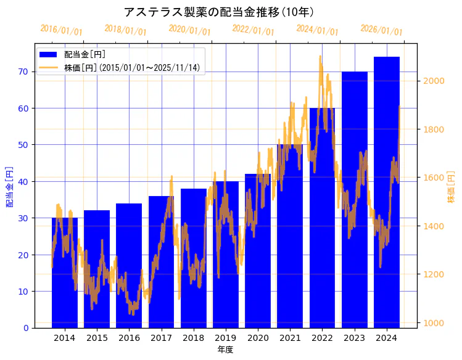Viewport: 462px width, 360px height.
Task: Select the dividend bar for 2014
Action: [65, 277]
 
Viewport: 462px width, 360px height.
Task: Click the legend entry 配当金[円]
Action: [81, 55]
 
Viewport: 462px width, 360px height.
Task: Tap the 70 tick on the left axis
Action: [23, 72]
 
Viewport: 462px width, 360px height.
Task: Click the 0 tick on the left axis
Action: [25, 328]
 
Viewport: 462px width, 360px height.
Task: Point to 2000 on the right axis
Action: [434, 81]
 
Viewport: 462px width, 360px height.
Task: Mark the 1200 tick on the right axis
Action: [434, 274]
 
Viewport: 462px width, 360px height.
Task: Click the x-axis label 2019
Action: [226, 338]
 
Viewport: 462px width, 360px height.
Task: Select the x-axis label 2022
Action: [322, 338]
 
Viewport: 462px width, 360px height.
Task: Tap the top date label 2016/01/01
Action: [61, 30]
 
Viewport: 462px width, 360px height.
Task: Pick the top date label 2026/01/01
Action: [381, 30]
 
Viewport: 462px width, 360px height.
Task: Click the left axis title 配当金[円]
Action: [9, 186]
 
